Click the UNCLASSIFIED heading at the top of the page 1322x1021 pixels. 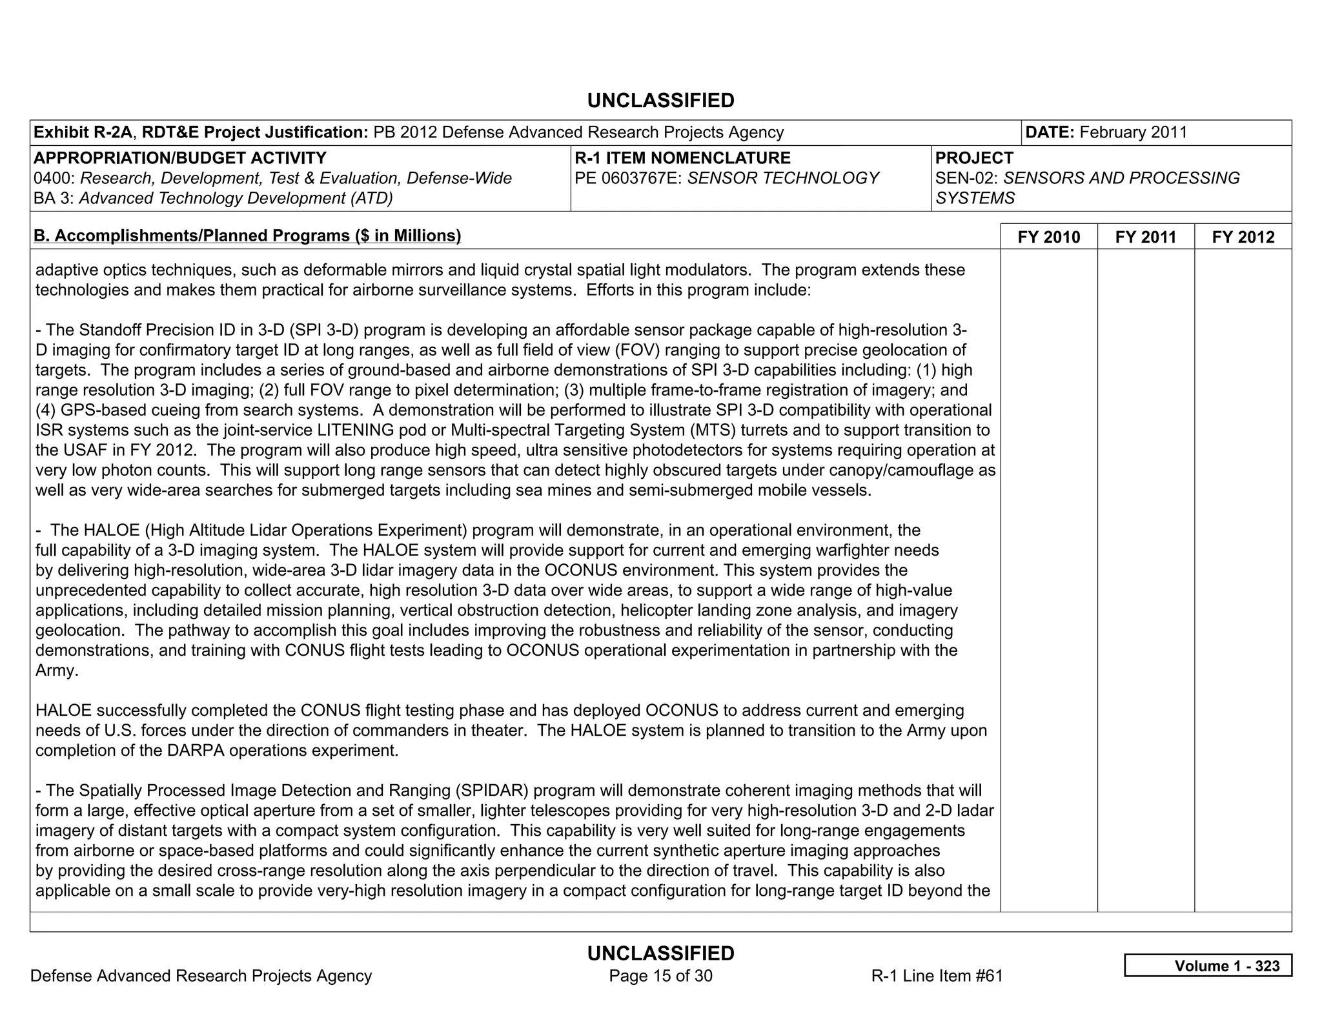[660, 101]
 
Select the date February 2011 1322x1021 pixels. [1133, 132]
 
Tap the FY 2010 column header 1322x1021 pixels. [1048, 237]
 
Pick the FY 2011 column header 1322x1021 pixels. [1146, 237]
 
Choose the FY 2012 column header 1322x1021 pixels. [1243, 237]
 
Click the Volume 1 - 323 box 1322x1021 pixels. [1208, 965]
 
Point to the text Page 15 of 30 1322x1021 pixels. [660, 976]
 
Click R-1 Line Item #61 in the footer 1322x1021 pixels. [937, 976]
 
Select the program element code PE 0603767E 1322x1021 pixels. [627, 178]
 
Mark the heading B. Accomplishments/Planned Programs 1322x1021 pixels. [247, 236]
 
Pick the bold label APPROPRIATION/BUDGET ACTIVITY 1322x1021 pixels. [180, 158]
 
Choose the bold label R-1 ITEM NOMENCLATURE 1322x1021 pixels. [682, 158]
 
